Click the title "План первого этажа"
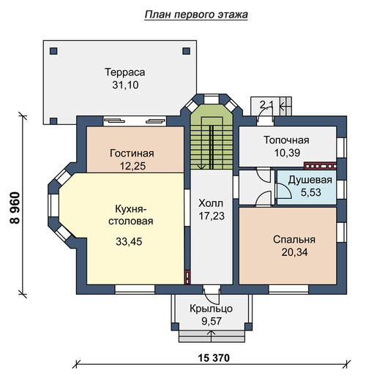point(196,15)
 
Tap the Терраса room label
point(125,72)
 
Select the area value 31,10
point(125,85)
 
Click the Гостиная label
point(132,153)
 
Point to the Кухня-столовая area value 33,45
point(129,241)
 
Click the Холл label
point(211,203)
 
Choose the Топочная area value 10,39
point(287,153)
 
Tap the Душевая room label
point(310,180)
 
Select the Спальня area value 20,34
point(294,252)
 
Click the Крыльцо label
point(211,309)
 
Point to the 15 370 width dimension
point(214,358)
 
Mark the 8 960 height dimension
point(15,208)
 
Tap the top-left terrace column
point(53,51)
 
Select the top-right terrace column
point(187,51)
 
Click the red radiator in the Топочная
point(320,166)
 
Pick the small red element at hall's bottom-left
point(187,278)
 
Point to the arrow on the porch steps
point(212,336)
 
